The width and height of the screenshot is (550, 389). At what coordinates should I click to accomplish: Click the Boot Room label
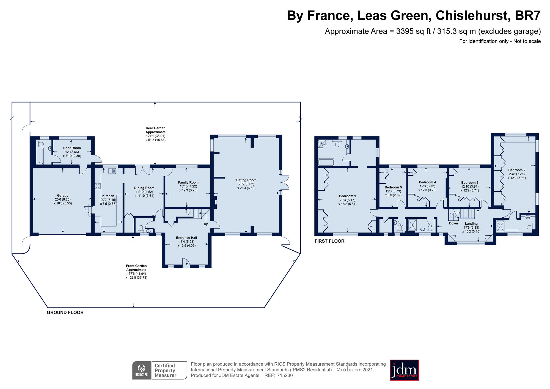[72, 148]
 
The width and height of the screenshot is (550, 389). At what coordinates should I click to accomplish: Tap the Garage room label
[63, 196]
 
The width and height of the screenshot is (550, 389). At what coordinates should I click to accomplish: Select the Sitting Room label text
[246, 180]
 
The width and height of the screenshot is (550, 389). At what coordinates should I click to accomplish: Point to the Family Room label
[188, 182]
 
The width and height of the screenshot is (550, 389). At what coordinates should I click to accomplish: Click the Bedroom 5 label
[393, 187]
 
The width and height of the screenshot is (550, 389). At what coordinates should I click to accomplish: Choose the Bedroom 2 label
[517, 170]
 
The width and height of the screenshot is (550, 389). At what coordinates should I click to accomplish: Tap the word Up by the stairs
[206, 224]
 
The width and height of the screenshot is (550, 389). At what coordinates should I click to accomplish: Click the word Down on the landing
[453, 223]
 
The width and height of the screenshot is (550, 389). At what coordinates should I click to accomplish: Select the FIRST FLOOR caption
[329, 241]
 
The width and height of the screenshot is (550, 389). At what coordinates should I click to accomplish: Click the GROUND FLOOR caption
[65, 312]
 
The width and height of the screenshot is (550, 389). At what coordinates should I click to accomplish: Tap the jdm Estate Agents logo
[404, 370]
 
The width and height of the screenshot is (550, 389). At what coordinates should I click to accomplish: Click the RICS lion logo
[142, 370]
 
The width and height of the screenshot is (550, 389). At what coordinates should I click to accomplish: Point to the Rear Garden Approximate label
[155, 130]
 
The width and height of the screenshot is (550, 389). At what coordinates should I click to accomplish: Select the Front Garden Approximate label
[136, 268]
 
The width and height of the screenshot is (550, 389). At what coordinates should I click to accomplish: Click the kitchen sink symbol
[112, 171]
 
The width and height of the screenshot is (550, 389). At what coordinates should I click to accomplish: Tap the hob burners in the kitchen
[98, 186]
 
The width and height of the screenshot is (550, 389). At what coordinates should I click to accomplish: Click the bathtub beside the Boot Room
[40, 156]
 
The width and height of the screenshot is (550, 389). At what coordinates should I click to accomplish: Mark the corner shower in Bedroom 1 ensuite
[322, 143]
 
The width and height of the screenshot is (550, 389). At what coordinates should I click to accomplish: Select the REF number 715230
[285, 376]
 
